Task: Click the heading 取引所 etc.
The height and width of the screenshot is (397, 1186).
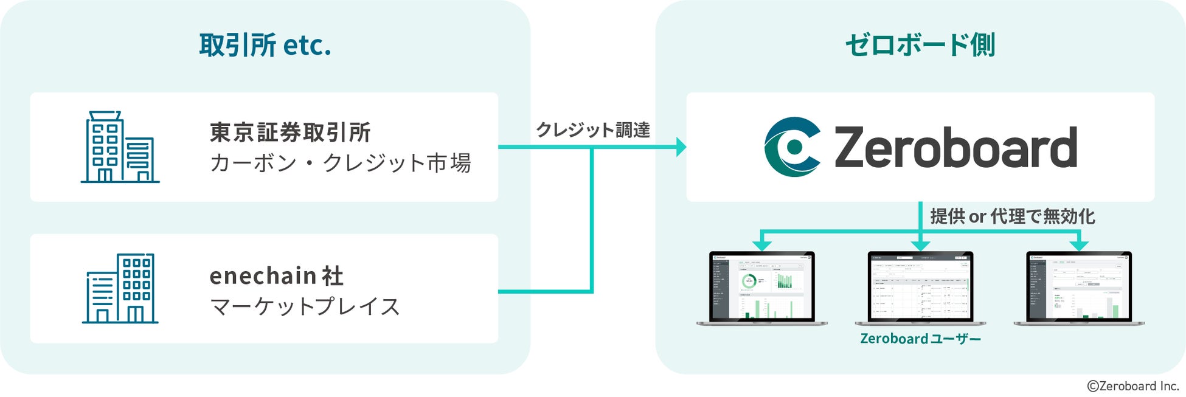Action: point(265,46)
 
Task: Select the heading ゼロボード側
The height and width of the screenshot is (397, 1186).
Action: point(920,46)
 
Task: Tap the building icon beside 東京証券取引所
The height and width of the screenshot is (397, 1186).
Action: point(120,147)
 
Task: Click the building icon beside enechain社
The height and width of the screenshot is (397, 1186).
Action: point(120,288)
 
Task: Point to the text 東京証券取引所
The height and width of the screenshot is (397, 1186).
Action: point(290,133)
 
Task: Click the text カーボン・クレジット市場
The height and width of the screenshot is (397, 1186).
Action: point(340,163)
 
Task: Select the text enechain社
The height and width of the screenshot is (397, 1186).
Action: point(277,276)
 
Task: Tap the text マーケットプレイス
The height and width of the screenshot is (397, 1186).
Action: point(305,306)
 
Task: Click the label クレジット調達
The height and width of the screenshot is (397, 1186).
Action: point(592,130)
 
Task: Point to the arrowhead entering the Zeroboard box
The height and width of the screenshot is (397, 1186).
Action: point(681,147)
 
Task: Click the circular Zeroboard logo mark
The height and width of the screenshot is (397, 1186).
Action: point(792,147)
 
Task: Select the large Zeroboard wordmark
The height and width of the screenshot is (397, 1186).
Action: point(955,147)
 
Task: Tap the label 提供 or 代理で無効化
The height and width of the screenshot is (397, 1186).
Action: point(1012,216)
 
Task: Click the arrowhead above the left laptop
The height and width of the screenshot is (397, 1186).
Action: point(761,245)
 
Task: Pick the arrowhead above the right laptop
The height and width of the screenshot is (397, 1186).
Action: point(1079,245)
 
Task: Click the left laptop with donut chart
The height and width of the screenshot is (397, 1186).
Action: point(761,287)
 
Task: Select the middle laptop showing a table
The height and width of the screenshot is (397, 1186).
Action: point(920,287)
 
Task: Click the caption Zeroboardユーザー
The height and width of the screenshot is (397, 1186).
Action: point(920,339)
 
